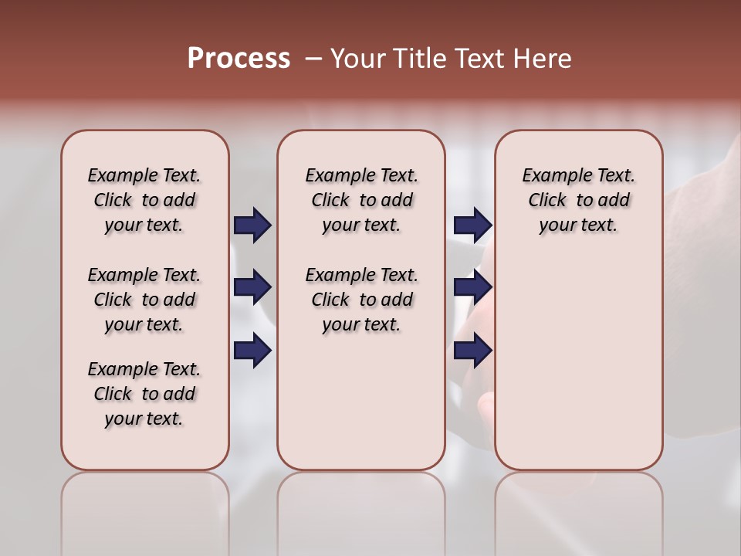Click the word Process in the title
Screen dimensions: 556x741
click(x=239, y=59)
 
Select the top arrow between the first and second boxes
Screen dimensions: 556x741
click(x=252, y=225)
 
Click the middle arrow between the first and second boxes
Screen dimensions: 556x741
click(x=252, y=287)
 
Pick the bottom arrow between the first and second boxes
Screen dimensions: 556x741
click(x=252, y=351)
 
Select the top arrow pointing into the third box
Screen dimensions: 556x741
click(x=472, y=225)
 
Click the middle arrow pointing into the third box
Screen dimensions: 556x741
click(x=472, y=287)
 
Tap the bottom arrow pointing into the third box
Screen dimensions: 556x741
click(x=472, y=351)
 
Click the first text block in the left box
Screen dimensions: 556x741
click(x=144, y=200)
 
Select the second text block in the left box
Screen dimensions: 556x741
click(x=144, y=300)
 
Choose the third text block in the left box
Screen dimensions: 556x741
click(x=144, y=394)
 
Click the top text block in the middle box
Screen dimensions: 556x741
click(x=361, y=200)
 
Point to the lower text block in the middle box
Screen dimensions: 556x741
click(x=361, y=300)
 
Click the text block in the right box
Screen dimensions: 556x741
click(x=579, y=200)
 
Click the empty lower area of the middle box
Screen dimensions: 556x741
click(x=361, y=402)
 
